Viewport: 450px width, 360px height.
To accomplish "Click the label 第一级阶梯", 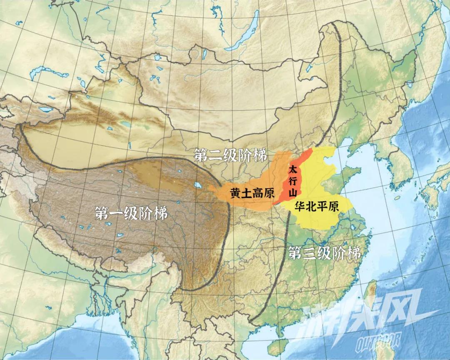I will point(131,214).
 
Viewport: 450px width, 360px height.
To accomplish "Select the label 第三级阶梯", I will point(324,253).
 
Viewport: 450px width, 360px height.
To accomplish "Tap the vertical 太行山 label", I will point(293,181).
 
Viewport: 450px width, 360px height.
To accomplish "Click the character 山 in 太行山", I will point(293,192).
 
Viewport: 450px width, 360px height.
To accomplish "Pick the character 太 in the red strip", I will point(293,170).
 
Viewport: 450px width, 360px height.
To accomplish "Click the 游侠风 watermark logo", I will point(358,317).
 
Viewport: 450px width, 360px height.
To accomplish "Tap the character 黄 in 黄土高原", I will point(235,193).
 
